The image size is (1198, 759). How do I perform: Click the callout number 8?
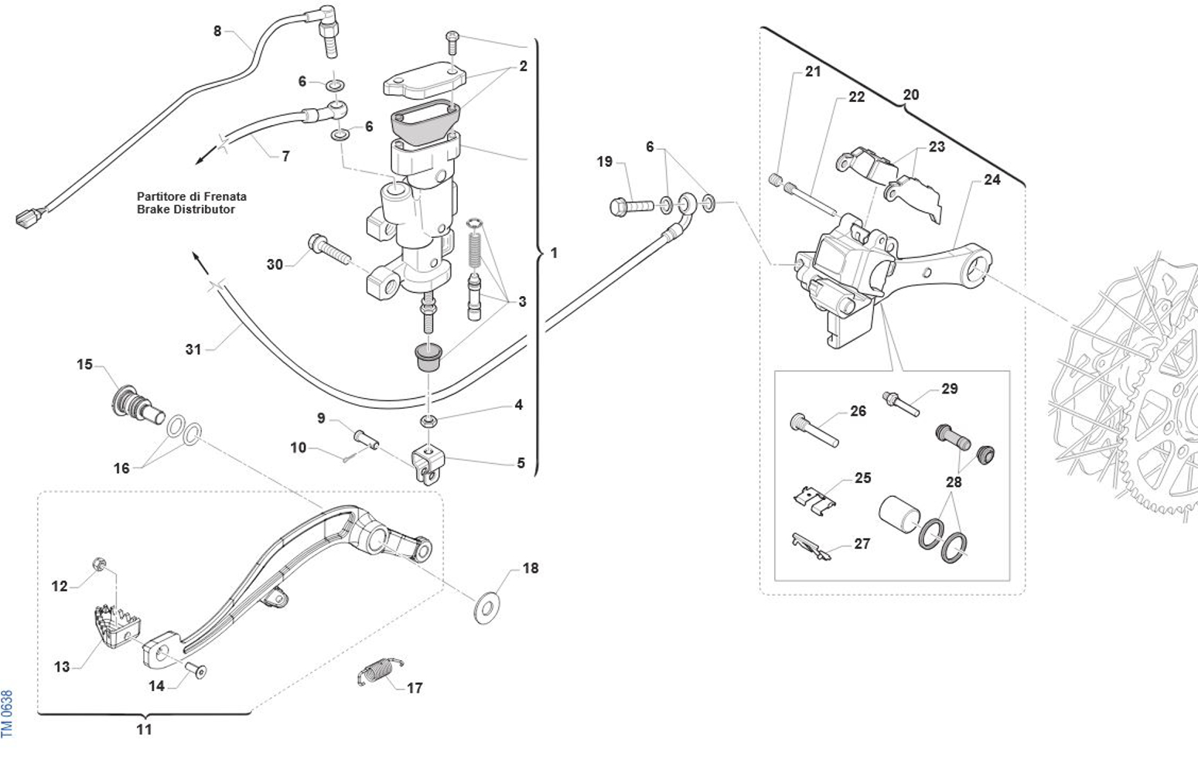(217, 32)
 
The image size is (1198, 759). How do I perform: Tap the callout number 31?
(193, 349)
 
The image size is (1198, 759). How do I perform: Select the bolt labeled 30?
(329, 249)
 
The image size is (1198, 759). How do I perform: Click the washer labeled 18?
(486, 608)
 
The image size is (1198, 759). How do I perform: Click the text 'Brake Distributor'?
(186, 209)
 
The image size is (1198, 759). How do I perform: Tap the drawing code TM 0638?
(8, 713)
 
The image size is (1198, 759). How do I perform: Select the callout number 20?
(911, 94)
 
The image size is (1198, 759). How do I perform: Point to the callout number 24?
(992, 179)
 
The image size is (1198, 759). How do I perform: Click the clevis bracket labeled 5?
(428, 464)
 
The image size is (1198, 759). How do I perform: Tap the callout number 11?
(145, 729)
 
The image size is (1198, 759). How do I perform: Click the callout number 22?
(856, 97)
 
